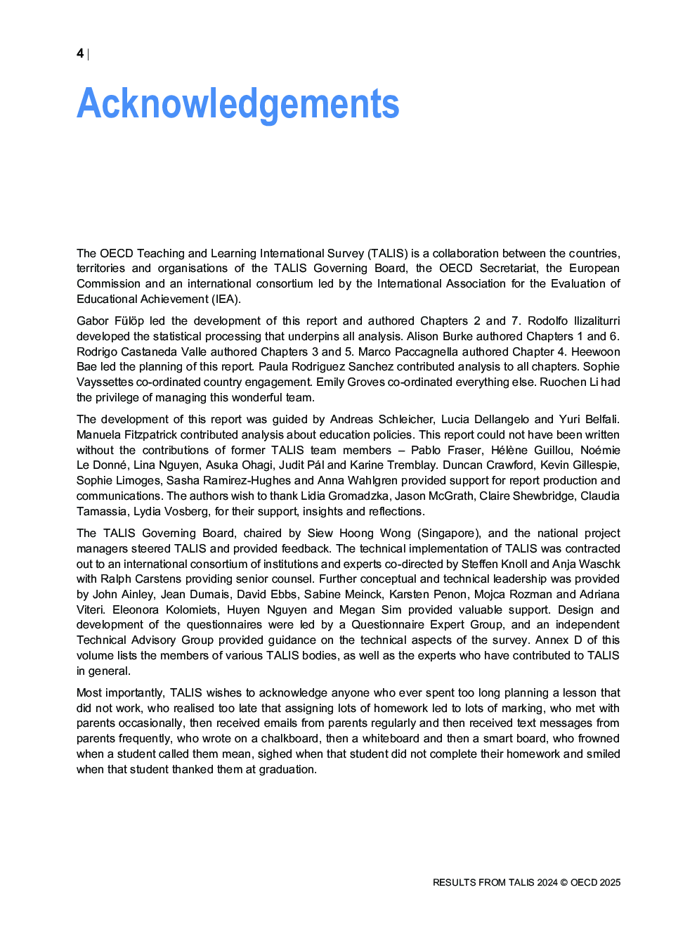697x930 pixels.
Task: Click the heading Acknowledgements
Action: (x=237, y=104)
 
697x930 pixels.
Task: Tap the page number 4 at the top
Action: (x=80, y=54)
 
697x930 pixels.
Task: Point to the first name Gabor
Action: (x=93, y=321)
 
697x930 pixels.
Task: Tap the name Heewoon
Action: (x=595, y=352)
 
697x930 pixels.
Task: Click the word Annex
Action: (x=552, y=640)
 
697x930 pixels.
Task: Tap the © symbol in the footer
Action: (x=564, y=883)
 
